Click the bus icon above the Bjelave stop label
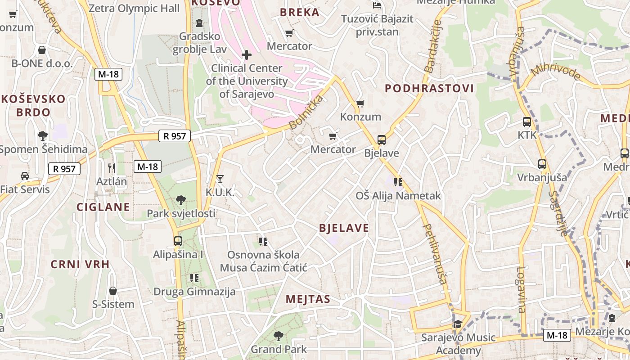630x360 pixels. pyautogui.click(x=381, y=139)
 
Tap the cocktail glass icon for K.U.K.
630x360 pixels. pyautogui.click(x=220, y=179)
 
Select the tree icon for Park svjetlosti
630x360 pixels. pyautogui.click(x=181, y=200)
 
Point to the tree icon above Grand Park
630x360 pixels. pyautogui.click(x=279, y=336)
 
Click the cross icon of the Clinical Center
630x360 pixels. pyautogui.click(x=247, y=55)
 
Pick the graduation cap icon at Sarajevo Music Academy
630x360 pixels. pyautogui.click(x=457, y=324)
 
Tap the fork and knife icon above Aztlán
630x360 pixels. pyautogui.click(x=112, y=168)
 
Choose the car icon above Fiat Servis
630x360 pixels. pyautogui.click(x=25, y=176)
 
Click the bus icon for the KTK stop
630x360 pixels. pyautogui.click(x=526, y=121)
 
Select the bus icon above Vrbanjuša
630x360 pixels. pyautogui.click(x=542, y=164)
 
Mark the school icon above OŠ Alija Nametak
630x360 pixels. pyautogui.click(x=398, y=182)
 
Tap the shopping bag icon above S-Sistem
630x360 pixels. pyautogui.click(x=113, y=291)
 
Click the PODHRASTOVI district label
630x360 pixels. pyautogui.click(x=429, y=88)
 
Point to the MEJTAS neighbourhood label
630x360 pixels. pyautogui.click(x=308, y=299)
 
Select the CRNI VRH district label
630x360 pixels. pyautogui.click(x=80, y=264)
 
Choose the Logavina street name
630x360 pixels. pyautogui.click(x=521, y=289)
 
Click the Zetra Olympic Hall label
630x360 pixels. pyautogui.click(x=134, y=8)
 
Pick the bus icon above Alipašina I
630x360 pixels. pyautogui.click(x=178, y=241)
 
